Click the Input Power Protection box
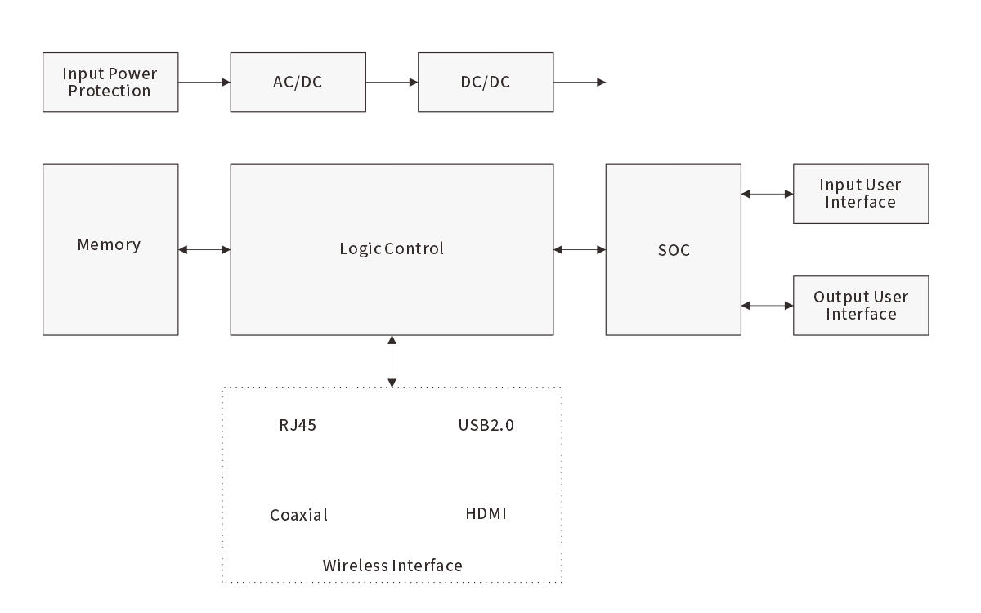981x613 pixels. [110, 83]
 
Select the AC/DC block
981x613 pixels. [298, 83]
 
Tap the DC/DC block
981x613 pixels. [486, 83]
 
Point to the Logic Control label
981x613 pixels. [392, 248]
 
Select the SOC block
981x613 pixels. [674, 249]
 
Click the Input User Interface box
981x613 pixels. [861, 194]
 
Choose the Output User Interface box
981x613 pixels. [861, 306]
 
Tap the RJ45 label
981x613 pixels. [292, 425]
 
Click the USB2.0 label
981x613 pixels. [486, 425]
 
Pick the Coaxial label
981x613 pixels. [299, 515]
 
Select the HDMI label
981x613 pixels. [486, 514]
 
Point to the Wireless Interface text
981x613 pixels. [392, 566]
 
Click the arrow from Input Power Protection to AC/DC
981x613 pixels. [204, 83]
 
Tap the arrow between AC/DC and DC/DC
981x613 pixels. [392, 83]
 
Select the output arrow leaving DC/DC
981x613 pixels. [580, 83]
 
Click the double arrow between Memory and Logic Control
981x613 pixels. [204, 249]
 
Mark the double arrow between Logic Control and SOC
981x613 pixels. [580, 249]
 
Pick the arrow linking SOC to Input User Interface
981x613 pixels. [767, 194]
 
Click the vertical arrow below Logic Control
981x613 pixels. [392, 360]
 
